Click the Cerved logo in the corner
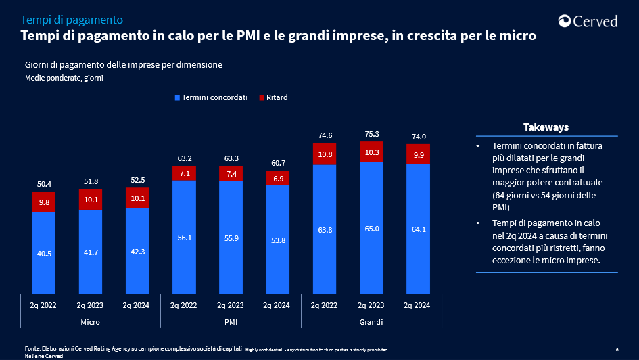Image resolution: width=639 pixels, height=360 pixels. (x=588, y=21)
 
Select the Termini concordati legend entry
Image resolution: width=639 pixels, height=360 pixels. (x=210, y=98)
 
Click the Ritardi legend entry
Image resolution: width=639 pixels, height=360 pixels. (x=273, y=98)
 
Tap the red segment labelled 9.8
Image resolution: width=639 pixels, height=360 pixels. (x=43, y=202)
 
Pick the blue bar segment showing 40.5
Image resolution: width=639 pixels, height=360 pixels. (x=43, y=252)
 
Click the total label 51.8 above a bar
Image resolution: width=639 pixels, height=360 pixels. (x=90, y=181)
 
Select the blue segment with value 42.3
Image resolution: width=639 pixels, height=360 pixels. (x=137, y=250)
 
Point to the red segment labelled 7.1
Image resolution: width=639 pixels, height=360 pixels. (x=184, y=173)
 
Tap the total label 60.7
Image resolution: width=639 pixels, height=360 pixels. (x=277, y=163)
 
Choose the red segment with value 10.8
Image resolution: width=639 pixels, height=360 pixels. (x=325, y=154)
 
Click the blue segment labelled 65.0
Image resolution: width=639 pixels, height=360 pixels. (x=371, y=228)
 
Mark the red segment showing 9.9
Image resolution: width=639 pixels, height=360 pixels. (x=418, y=154)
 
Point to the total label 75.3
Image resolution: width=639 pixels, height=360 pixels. (x=371, y=134)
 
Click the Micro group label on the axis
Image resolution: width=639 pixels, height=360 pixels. (x=90, y=321)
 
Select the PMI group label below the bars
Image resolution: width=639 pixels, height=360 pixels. (x=231, y=321)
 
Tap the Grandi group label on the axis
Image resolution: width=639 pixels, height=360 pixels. (x=371, y=321)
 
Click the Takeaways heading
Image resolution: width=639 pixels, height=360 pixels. (x=546, y=127)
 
